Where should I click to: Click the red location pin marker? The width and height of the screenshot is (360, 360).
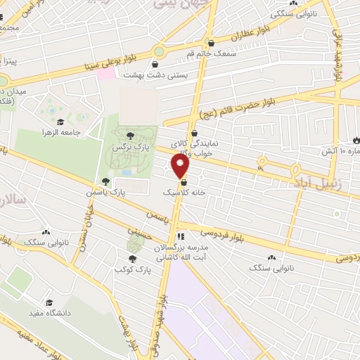(181, 167)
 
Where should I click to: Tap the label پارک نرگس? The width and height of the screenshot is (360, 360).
(129, 148)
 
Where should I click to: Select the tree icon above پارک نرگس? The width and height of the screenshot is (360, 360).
(129, 136)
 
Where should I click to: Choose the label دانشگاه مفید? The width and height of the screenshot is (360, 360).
(48, 312)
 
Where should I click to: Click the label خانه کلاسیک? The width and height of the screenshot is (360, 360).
(184, 191)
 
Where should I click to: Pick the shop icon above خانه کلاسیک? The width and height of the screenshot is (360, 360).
(184, 181)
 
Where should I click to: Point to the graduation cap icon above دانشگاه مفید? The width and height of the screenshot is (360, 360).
(48, 301)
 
